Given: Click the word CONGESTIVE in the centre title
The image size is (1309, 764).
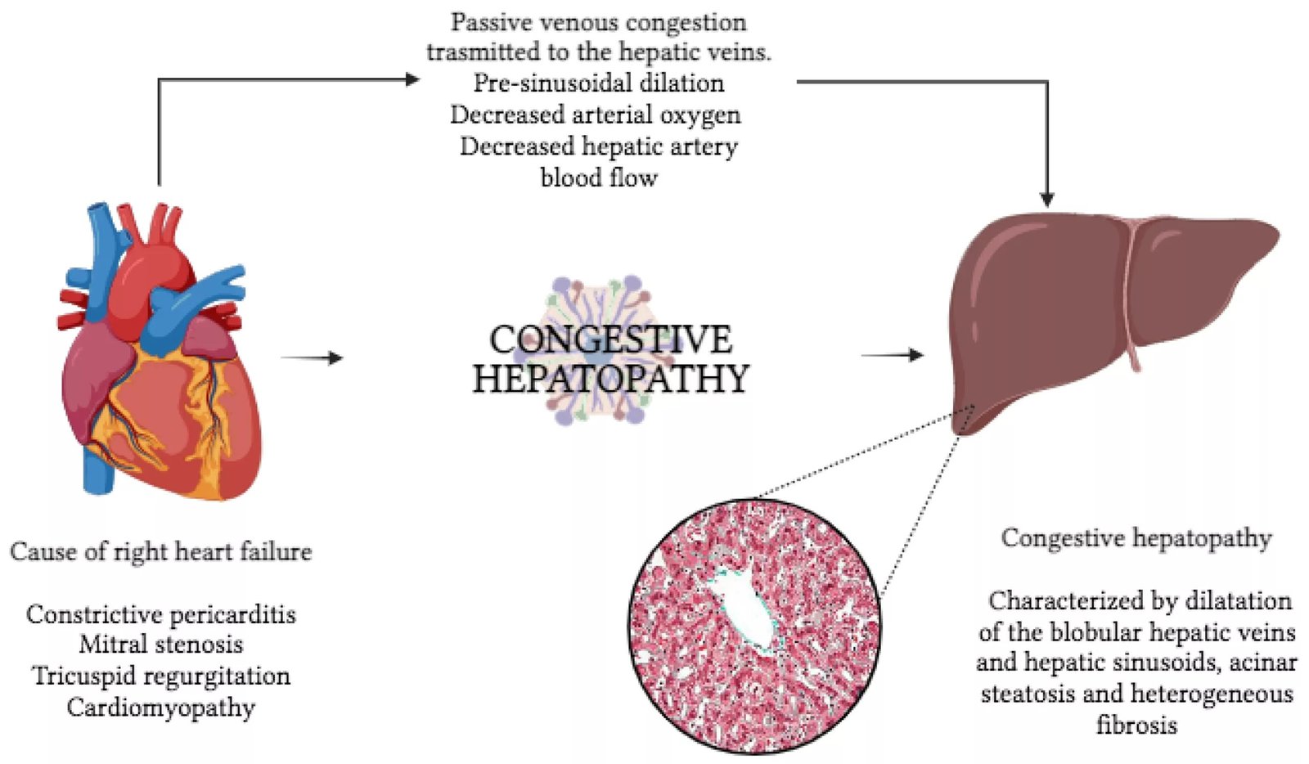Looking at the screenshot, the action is click(610, 339).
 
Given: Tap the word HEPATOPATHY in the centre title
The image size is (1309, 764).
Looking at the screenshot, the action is click(610, 379).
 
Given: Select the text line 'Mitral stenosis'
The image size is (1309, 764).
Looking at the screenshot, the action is click(160, 645).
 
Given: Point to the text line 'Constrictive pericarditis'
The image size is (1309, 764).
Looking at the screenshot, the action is click(160, 614).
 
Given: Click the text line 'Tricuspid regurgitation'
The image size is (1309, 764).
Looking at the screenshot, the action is click(161, 676).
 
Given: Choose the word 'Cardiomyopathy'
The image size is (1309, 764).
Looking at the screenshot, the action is click(161, 708).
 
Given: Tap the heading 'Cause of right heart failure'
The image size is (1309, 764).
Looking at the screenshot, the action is click(160, 552).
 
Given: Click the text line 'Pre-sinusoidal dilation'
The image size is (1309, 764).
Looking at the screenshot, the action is click(599, 83).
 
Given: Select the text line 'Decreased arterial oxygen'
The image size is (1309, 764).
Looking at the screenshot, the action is click(596, 115).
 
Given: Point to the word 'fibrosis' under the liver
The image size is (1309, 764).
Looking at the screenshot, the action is click(1136, 726).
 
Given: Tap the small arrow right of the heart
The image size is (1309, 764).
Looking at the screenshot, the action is click(313, 357).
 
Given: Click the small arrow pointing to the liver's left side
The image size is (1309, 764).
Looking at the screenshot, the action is click(893, 354).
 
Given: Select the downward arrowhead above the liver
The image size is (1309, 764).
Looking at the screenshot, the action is click(1046, 199).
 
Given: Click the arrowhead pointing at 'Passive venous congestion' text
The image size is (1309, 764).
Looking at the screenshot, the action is click(412, 79).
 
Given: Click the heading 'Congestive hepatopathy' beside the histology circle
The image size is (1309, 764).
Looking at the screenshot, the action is click(1136, 538).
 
